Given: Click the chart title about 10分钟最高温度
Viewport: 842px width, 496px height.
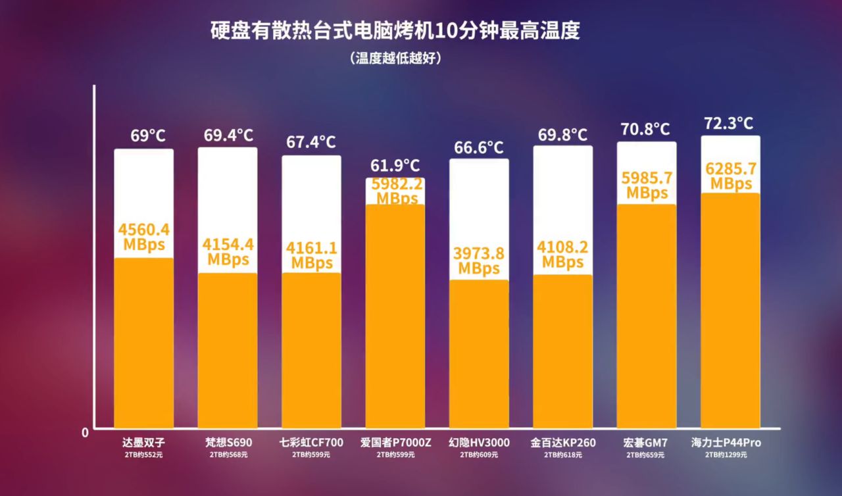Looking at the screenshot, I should point(395,31).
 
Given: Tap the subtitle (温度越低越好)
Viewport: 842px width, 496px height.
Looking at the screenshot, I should point(395,58).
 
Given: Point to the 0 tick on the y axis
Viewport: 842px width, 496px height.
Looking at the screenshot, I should point(85,433).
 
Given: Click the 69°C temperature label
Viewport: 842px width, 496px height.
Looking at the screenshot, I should point(148,136).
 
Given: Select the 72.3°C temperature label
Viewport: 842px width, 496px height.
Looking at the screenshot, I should point(729,123).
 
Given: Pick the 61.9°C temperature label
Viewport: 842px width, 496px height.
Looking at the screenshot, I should point(395,165).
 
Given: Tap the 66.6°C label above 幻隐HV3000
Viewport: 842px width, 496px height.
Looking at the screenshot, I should point(479,147).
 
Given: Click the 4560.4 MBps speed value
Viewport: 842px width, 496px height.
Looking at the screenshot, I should point(144,237).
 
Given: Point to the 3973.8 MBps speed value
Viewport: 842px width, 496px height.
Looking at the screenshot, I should point(479,260).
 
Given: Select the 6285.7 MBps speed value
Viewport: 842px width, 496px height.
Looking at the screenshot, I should point(731,176).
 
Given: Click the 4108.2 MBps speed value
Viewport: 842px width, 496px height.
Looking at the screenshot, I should point(563,255).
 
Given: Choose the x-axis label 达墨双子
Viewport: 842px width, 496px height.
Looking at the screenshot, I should point(144,442).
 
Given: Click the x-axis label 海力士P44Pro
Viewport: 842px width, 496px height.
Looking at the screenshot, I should point(730,442).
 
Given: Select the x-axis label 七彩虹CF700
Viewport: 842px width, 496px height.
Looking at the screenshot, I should point(311,442).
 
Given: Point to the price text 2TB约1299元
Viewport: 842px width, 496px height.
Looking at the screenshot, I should point(730,455).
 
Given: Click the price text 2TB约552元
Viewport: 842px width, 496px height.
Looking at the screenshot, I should point(144,455).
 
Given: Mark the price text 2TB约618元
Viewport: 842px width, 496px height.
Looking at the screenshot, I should point(563,455).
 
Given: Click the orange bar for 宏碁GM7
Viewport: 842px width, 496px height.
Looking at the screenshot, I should point(647,316).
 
